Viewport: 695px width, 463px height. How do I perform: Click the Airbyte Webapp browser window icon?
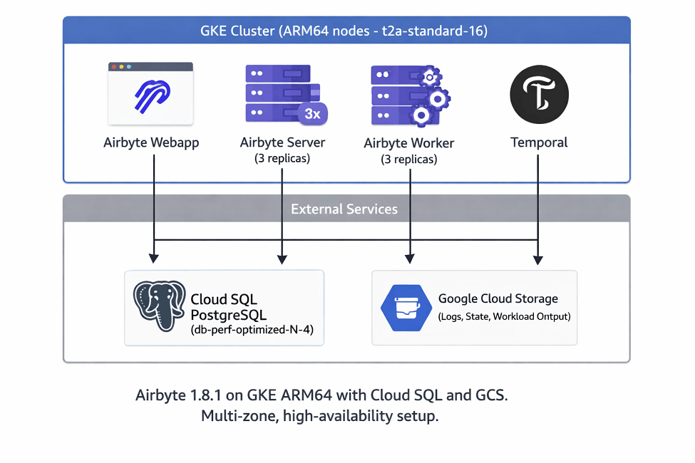(150, 93)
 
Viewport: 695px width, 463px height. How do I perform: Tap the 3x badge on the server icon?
(312, 114)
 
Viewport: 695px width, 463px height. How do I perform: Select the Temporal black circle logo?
(539, 94)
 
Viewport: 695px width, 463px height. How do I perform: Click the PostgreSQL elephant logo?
(160, 306)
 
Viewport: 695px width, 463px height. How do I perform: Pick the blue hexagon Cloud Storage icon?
(406, 308)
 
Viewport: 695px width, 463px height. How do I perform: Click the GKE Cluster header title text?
(344, 31)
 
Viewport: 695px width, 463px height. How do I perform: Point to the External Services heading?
(344, 209)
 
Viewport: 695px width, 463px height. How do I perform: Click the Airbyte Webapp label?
(151, 142)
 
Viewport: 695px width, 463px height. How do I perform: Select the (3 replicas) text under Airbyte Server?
(282, 158)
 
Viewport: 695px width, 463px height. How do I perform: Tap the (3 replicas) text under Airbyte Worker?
(409, 159)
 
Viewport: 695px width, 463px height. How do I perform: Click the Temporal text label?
(539, 142)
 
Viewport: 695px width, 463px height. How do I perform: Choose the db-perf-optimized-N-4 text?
(252, 330)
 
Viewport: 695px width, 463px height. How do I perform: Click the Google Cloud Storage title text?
(498, 298)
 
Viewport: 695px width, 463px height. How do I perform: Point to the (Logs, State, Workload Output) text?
(505, 316)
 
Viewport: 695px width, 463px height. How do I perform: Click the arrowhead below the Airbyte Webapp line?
(154, 259)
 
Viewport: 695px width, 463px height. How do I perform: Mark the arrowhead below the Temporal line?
(538, 259)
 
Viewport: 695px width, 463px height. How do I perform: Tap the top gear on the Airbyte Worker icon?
(430, 77)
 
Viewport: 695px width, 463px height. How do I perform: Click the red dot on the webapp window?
(114, 67)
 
